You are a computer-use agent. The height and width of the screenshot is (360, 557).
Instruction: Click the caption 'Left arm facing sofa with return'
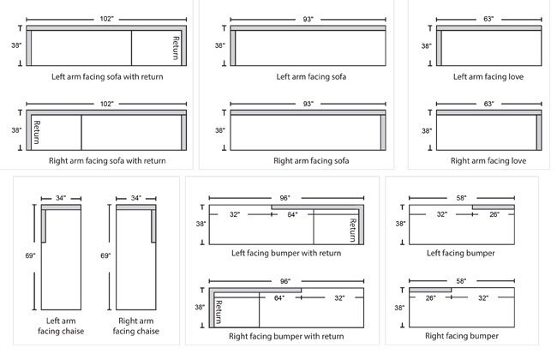pyautogui.click(x=106, y=76)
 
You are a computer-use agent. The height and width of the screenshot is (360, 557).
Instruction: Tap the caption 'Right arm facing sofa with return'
pyautogui.click(x=106, y=160)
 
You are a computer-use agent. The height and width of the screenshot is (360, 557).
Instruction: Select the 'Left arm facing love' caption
pyautogui.click(x=488, y=76)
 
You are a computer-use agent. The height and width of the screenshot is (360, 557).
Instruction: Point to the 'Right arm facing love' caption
pyautogui.click(x=488, y=160)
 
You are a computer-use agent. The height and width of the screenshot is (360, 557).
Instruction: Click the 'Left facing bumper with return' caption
pyautogui.click(x=286, y=253)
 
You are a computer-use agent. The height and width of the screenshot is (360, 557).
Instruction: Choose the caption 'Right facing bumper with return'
pyautogui.click(x=286, y=337)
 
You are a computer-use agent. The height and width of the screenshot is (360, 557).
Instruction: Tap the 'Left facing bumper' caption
pyautogui.click(x=461, y=253)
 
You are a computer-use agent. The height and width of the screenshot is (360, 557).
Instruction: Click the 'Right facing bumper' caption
pyautogui.click(x=461, y=337)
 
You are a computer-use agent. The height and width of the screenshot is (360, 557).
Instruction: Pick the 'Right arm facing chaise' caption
pyautogui.click(x=135, y=325)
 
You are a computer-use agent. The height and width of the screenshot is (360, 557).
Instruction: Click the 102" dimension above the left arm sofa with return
pyautogui.click(x=106, y=18)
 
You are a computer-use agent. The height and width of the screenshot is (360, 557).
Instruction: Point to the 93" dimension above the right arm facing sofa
pyautogui.click(x=306, y=102)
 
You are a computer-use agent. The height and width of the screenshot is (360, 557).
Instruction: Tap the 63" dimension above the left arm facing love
pyautogui.click(x=489, y=18)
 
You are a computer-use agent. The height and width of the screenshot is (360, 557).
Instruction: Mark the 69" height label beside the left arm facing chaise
pyautogui.click(x=32, y=255)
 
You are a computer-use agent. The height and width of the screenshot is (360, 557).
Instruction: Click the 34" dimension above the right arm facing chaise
pyautogui.click(x=135, y=198)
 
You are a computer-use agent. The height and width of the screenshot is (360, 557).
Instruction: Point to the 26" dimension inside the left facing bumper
pyautogui.click(x=495, y=214)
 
